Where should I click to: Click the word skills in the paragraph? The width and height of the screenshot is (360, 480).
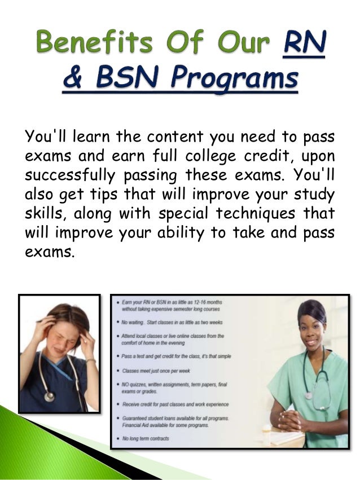[43, 213]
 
